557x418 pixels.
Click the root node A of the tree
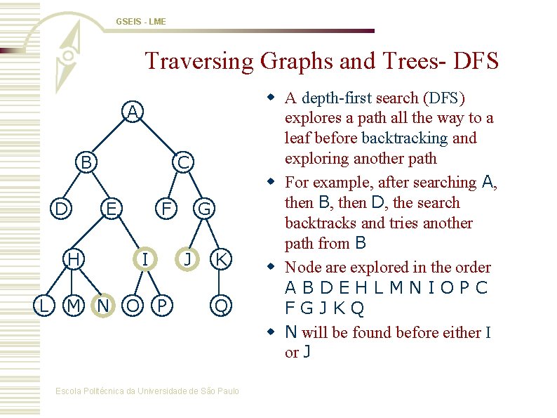coord(133,112)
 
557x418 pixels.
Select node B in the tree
coord(86,163)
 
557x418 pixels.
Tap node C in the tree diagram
coord(182,163)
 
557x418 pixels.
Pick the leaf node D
coord(61,209)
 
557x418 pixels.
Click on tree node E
coord(111,209)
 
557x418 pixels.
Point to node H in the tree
coord(72,259)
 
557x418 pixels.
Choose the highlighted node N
coord(103,306)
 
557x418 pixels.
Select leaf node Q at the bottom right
coord(221,306)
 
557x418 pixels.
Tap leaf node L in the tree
coord(44,306)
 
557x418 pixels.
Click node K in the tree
coord(221,259)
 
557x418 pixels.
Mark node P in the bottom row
coord(162,306)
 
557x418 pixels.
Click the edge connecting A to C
coord(159,138)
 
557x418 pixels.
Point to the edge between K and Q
coord(221,282)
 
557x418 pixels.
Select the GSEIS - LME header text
coord(141,22)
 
